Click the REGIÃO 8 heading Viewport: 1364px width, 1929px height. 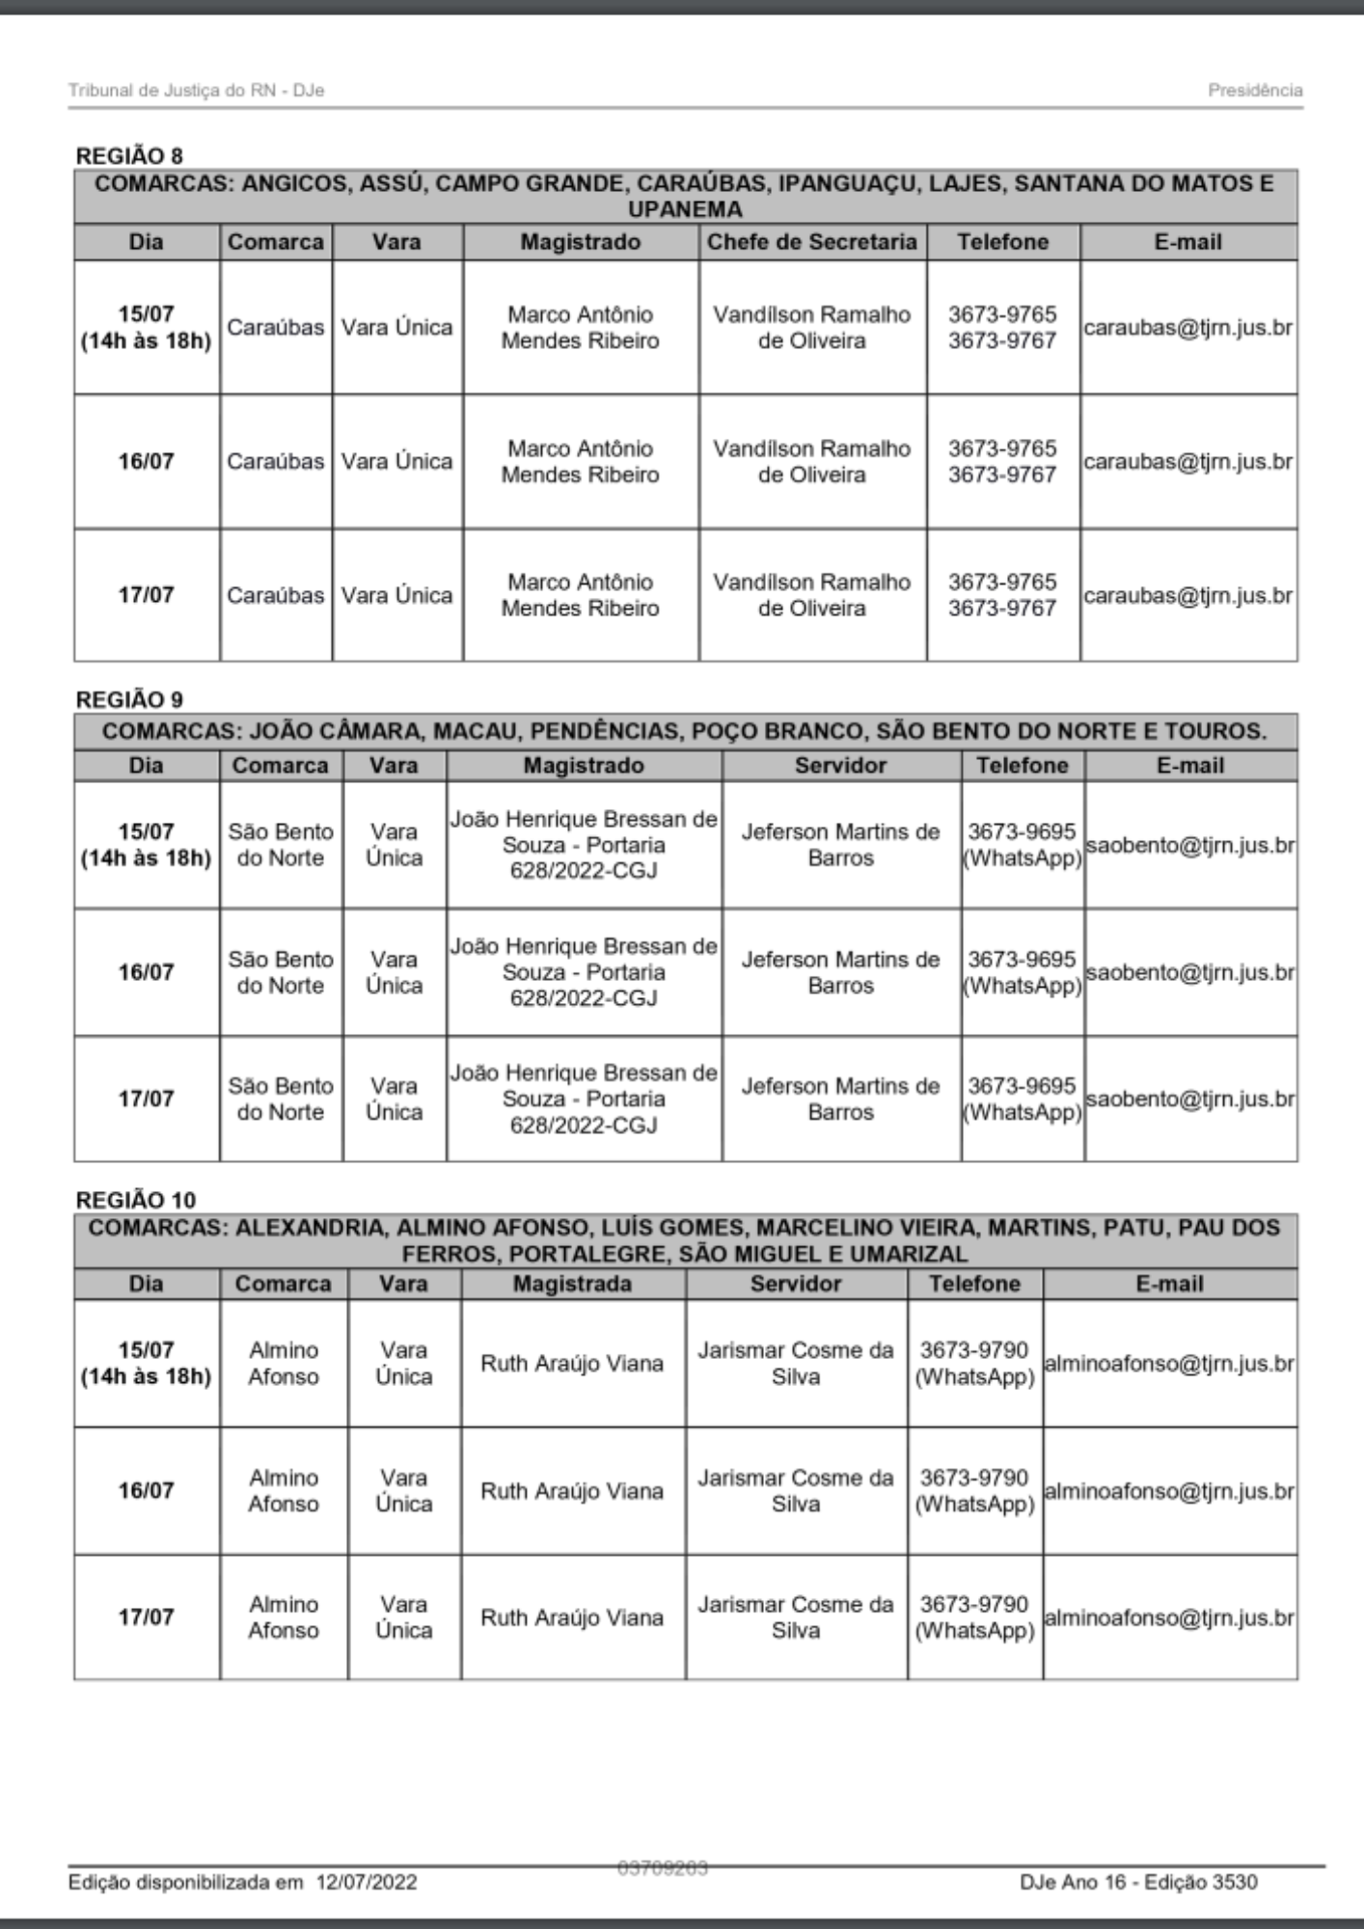point(129,155)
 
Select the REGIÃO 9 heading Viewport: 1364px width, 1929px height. point(129,698)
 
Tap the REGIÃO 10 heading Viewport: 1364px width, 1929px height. point(135,1199)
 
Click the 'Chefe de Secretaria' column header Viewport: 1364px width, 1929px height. point(811,241)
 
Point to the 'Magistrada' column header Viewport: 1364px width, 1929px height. point(572,1284)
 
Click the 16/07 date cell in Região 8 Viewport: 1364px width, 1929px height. point(146,461)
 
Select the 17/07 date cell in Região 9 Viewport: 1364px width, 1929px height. point(146,1099)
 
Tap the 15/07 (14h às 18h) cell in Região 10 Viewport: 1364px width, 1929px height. point(146,1363)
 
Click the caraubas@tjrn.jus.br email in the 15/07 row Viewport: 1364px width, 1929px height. point(1187,327)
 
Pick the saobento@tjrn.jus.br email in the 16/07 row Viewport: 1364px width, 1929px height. point(1190,972)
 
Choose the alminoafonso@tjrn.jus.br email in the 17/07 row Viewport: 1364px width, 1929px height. point(1169,1617)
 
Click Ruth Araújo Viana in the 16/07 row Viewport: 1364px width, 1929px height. point(572,1491)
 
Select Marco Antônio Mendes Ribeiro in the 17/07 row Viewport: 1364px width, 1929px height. point(580,595)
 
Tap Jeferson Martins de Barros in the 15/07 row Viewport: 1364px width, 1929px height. point(840,845)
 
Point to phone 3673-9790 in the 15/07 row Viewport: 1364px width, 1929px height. point(974,1350)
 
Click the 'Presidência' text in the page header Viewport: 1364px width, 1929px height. point(1255,91)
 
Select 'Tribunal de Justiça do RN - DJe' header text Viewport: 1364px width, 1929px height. point(196,91)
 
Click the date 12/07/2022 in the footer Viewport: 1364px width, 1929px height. point(366,1882)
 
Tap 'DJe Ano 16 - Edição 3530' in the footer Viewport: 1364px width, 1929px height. point(1138,1882)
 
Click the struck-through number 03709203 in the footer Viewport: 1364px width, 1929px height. point(663,1868)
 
